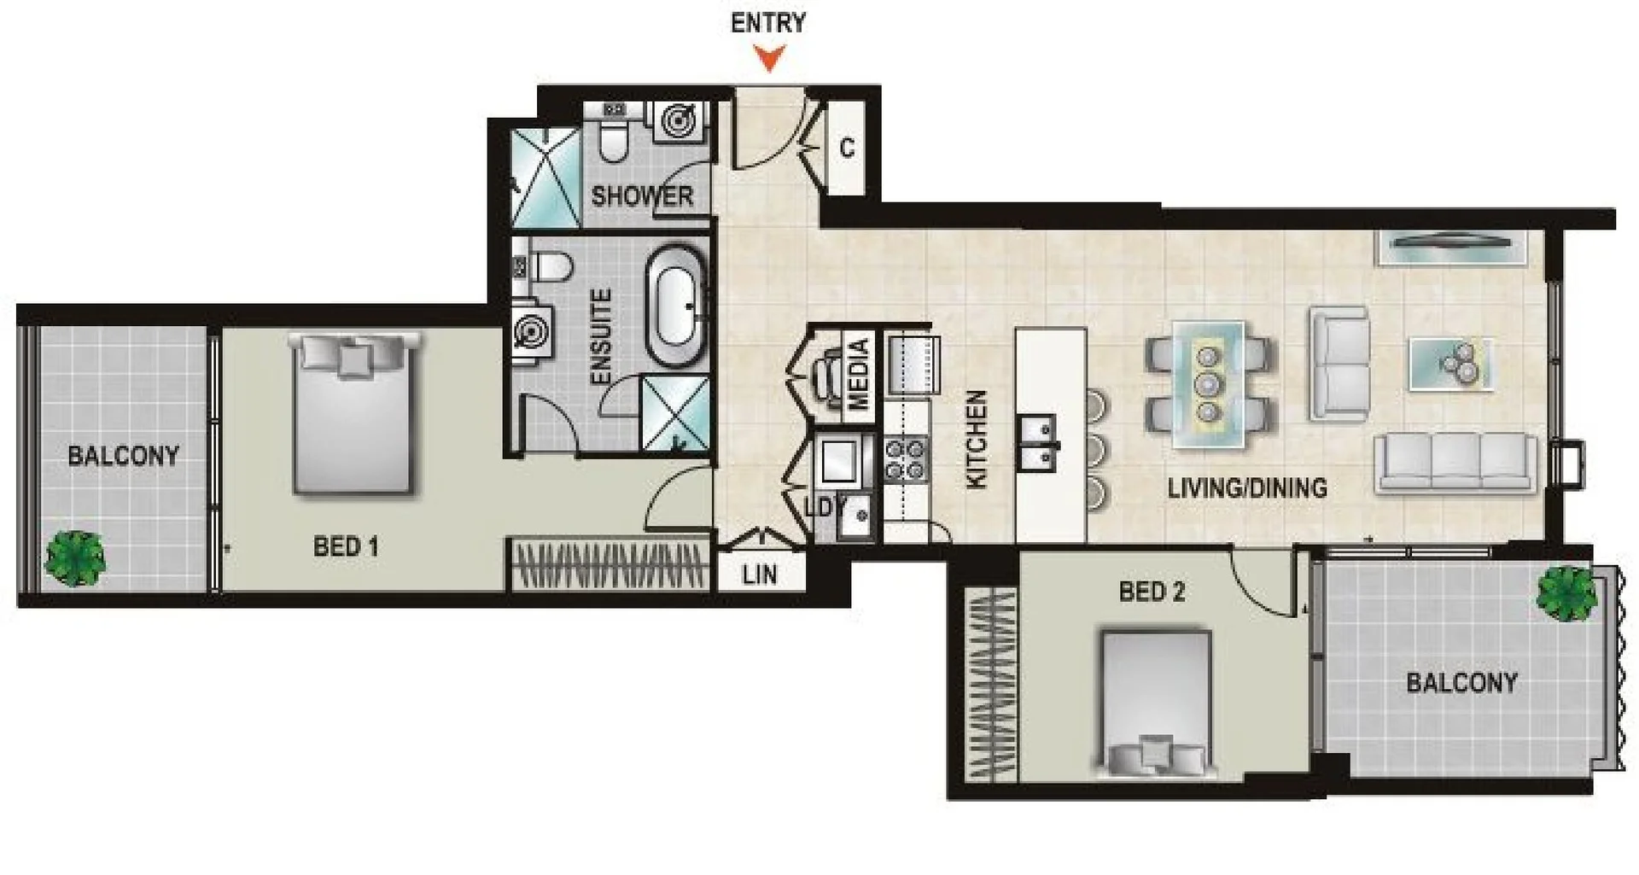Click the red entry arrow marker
(x=770, y=58)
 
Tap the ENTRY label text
(x=768, y=23)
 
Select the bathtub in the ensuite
(x=676, y=306)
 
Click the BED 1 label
(x=346, y=546)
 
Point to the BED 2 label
(x=1152, y=592)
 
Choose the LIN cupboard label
(x=760, y=575)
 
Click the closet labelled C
(x=846, y=148)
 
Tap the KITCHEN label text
(x=976, y=440)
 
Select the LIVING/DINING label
(x=1247, y=488)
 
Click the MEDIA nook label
(x=860, y=373)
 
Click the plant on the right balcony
(x=1566, y=593)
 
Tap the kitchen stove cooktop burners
(x=906, y=458)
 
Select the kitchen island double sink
(x=1038, y=443)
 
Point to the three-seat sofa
(x=1455, y=462)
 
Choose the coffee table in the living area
(x=1450, y=364)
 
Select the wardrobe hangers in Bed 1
(x=610, y=564)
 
